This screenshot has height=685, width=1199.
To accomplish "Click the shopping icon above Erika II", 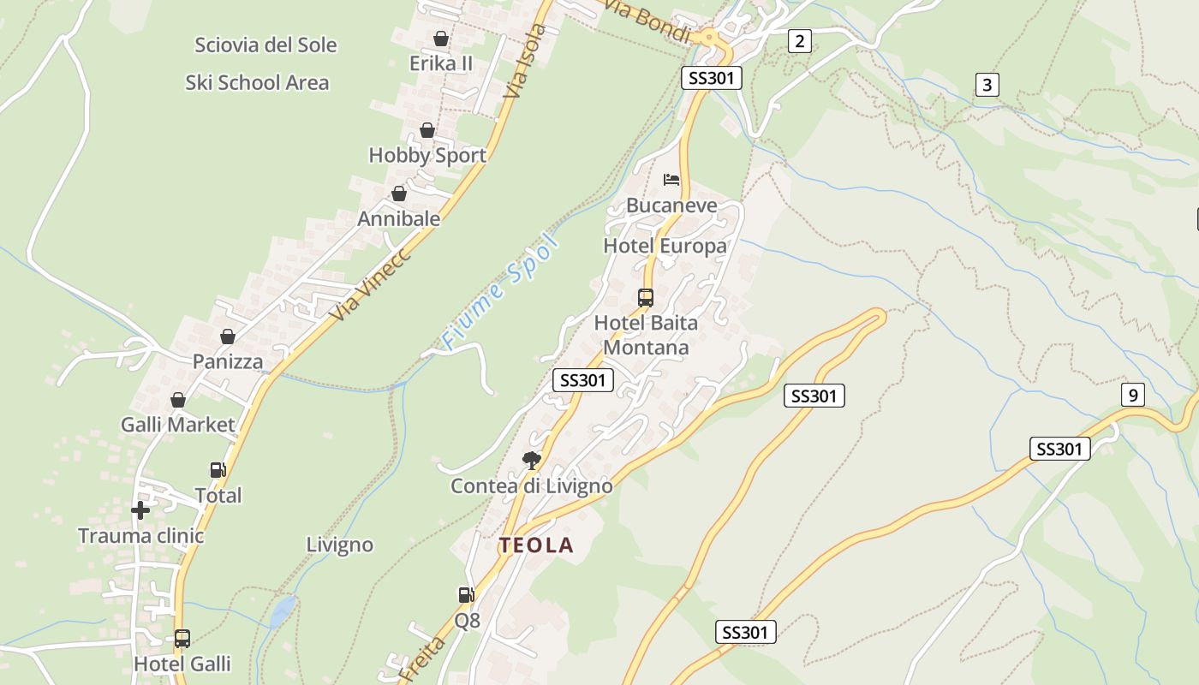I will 441,39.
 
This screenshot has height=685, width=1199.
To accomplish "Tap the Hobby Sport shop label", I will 427,155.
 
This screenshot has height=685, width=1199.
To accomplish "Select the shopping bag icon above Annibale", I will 399,194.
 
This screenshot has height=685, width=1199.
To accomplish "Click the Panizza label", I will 228,361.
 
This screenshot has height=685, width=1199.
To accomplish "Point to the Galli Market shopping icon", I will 178,400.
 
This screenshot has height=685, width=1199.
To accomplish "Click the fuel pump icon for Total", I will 218,469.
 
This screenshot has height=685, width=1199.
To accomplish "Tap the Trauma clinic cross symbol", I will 140,510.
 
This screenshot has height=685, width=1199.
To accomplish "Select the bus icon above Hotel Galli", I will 182,638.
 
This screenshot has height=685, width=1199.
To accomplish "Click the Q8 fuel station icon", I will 466,594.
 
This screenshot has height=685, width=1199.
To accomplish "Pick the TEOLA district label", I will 536,545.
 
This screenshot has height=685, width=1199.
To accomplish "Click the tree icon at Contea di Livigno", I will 532,461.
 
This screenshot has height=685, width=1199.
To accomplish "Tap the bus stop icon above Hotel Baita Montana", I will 646,298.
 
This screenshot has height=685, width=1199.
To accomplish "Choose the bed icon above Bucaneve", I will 671,180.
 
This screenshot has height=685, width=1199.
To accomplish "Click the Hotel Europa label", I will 665,246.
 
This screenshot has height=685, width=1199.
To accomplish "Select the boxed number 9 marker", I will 1132,395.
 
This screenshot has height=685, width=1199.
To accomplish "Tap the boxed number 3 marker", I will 987,85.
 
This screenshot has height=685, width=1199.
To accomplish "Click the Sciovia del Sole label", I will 265,45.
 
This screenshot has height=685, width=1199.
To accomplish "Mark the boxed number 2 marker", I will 799,40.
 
